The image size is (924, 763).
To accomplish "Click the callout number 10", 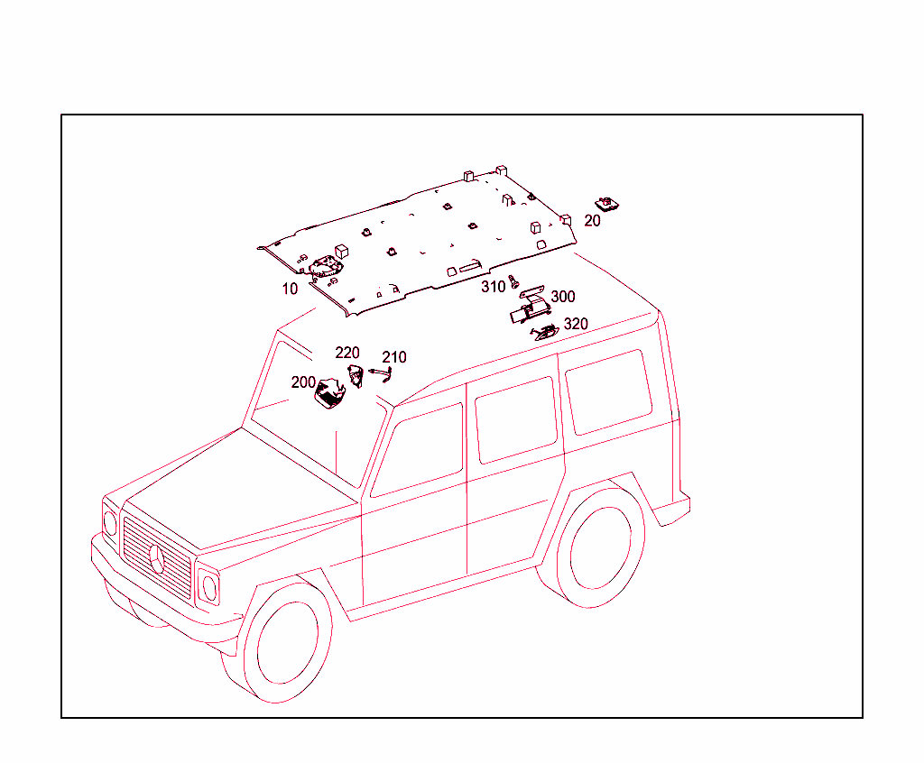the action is click(290, 289).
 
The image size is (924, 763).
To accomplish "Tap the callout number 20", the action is click(592, 220).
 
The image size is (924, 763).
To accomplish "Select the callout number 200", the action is click(303, 382).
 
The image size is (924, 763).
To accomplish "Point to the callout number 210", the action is click(394, 357).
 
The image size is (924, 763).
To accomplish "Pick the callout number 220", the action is click(347, 353).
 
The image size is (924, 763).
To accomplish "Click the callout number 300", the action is click(563, 297).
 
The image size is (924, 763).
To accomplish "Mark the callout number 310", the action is click(494, 286).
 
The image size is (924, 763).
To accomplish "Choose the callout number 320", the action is click(576, 324).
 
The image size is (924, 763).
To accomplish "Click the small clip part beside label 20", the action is click(606, 205).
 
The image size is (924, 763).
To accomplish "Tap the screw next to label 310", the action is click(513, 281).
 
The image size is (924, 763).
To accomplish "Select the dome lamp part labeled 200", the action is click(329, 393).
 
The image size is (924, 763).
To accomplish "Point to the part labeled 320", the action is click(544, 333).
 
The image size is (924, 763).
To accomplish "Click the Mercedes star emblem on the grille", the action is click(157, 559).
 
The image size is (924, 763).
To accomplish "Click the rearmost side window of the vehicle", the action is click(609, 392).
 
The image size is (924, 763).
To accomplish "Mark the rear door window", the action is click(516, 420).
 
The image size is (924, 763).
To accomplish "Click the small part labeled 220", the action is click(356, 376).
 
